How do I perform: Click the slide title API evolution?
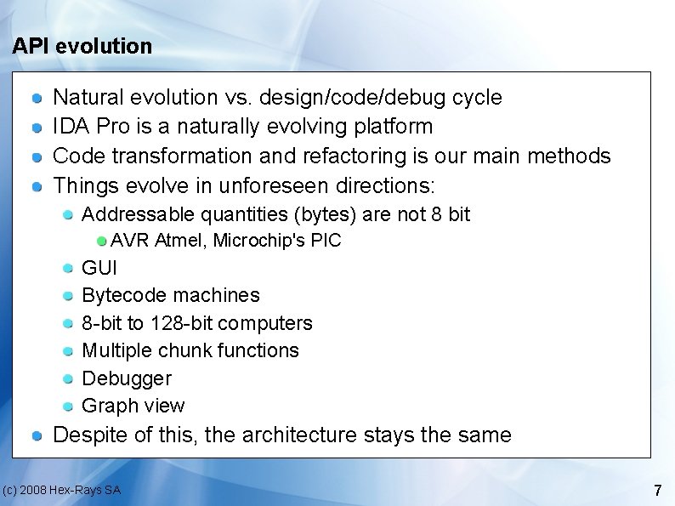pyautogui.click(x=82, y=46)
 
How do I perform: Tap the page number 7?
pyautogui.click(x=657, y=490)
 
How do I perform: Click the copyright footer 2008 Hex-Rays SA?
pyautogui.click(x=61, y=490)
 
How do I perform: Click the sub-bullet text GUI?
pyautogui.click(x=99, y=268)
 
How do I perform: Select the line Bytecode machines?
pyautogui.click(x=170, y=295)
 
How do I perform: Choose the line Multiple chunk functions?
pyautogui.click(x=190, y=350)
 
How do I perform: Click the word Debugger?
pyautogui.click(x=126, y=378)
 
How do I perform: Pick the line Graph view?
pyautogui.click(x=133, y=406)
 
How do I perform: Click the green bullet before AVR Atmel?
pyautogui.click(x=102, y=241)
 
